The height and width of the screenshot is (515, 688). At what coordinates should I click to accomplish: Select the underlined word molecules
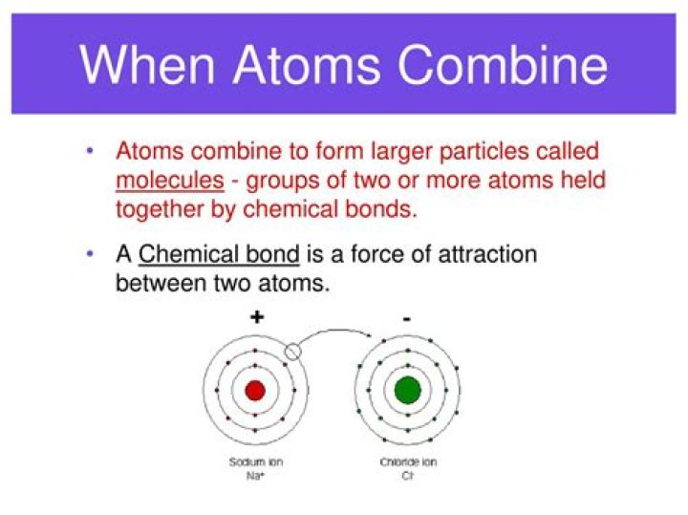tap(169, 180)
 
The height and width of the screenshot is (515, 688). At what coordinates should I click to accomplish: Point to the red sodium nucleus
tap(255, 390)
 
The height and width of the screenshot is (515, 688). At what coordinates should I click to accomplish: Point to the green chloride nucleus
tap(408, 390)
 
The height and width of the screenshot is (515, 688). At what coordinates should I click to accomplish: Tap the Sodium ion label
tap(255, 461)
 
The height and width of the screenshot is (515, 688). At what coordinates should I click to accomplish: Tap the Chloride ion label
tap(408, 461)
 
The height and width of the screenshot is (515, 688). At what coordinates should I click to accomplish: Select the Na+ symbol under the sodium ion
tap(255, 474)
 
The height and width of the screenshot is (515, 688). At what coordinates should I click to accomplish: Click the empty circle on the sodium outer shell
tap(293, 352)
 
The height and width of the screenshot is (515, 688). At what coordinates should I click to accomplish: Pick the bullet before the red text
tap(90, 151)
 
